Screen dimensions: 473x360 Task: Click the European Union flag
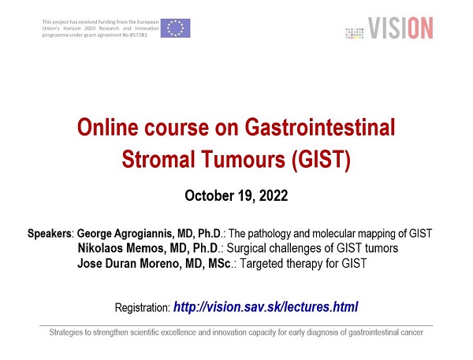point(175,28)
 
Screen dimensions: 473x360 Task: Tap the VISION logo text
point(400,28)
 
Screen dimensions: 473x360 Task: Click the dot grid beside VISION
point(355,33)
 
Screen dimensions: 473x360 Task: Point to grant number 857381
point(139,35)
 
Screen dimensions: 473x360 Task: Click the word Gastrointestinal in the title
point(320,128)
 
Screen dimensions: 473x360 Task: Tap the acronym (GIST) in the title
point(321,159)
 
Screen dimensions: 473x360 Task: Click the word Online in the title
point(108,128)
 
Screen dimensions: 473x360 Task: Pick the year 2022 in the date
point(274,195)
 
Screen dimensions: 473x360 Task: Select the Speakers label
point(49,234)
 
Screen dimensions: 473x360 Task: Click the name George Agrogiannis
point(125,234)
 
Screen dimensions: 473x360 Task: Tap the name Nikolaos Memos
point(121,248)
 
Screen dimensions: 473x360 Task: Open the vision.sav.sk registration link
point(266,307)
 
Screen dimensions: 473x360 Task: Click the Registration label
point(143,308)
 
